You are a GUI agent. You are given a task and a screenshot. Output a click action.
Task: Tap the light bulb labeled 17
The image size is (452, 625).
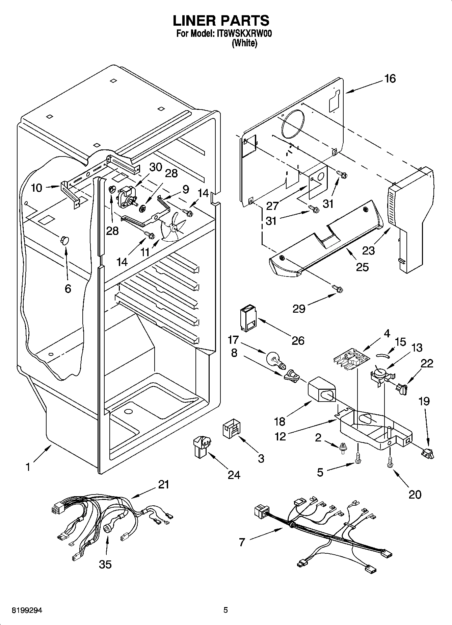coord(275,359)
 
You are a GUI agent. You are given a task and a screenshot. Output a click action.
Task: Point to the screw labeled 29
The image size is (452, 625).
coord(337,288)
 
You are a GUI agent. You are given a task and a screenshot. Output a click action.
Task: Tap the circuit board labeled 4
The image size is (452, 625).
coord(351,358)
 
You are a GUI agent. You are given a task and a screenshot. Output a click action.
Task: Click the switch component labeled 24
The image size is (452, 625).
coord(201,446)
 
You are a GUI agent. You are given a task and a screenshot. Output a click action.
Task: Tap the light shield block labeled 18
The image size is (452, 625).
coord(322,391)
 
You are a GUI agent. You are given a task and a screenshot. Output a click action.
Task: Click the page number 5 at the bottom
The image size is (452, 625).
coord(225,610)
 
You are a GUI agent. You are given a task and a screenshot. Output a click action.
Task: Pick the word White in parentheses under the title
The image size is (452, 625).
coord(244,43)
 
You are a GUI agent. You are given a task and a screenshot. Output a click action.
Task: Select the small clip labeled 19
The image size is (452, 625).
coord(428,453)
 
